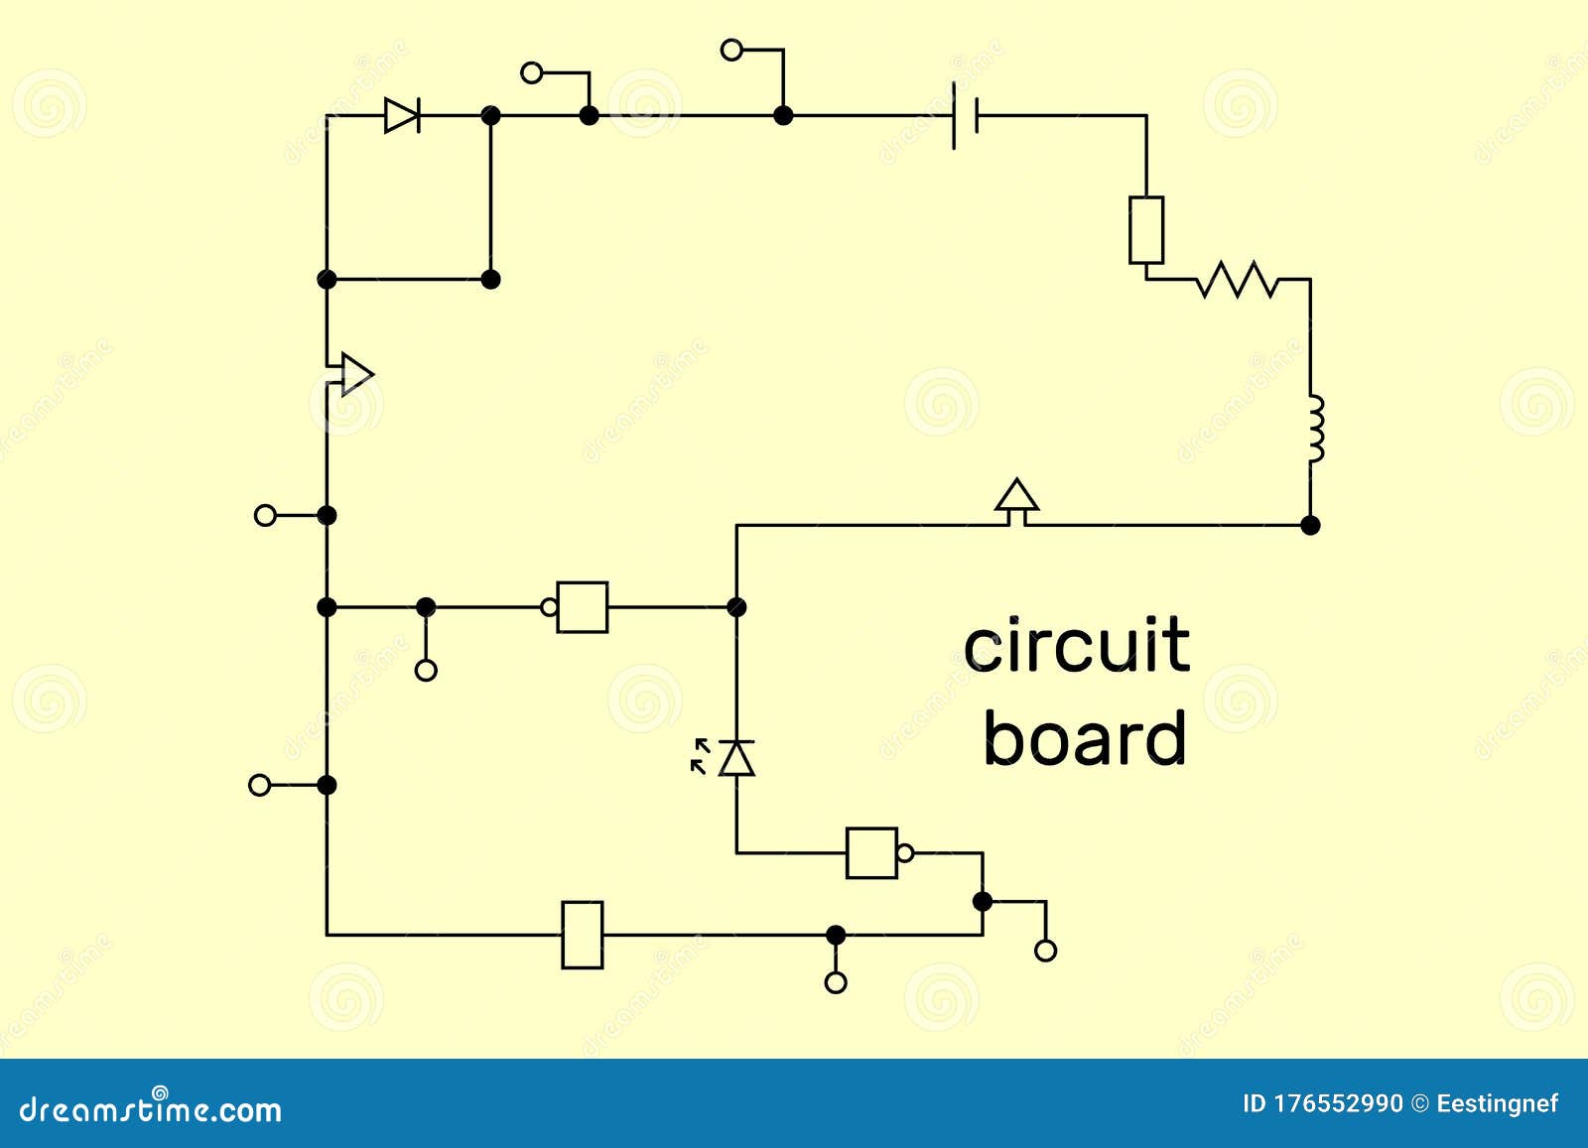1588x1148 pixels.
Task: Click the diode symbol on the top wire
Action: pos(402,115)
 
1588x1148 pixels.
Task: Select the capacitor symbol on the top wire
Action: pos(965,115)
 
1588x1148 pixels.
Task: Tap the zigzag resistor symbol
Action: pos(1237,280)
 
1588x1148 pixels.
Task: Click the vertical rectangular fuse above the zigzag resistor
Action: pos(1146,230)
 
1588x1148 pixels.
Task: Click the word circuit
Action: pos(1076,645)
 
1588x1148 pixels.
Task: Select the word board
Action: pos(1084,739)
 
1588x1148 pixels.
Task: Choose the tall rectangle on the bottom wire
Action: pos(583,935)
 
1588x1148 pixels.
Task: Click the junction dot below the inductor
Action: pos(1310,525)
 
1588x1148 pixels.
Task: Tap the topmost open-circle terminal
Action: pos(731,50)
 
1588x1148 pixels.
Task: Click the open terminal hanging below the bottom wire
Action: pos(836,982)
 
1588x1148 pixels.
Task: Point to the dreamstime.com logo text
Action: pos(151,1108)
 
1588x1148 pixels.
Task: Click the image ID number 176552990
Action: pos(1337,1103)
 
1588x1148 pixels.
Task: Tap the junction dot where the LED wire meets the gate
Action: pos(736,607)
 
